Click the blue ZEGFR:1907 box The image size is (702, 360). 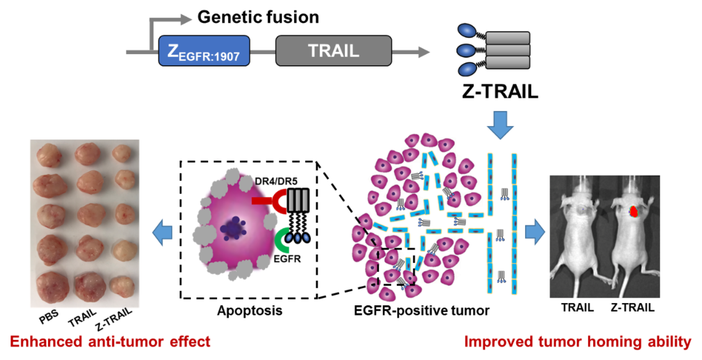click(x=204, y=51)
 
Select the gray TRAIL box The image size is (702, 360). click(x=333, y=51)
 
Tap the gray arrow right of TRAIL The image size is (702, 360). click(x=411, y=52)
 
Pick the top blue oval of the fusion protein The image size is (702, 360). click(x=467, y=31)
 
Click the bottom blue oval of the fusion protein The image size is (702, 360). click(x=467, y=69)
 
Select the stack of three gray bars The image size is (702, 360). click(x=507, y=50)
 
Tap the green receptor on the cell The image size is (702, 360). click(x=282, y=240)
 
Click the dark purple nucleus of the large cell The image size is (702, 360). click(x=233, y=229)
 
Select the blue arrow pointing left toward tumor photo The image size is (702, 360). click(x=163, y=232)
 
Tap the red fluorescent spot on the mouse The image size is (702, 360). click(x=634, y=212)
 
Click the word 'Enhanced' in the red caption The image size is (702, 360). click(x=46, y=342)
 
